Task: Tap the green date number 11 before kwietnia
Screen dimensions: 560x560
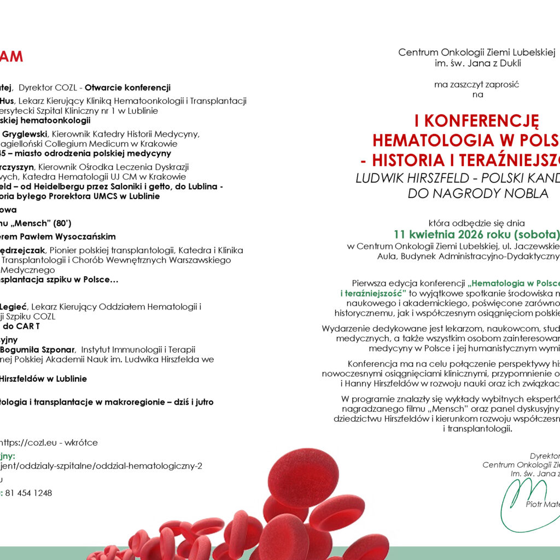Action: coord(400,235)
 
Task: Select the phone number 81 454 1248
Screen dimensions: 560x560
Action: coord(29,493)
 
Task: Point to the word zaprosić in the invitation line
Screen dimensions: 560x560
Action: coord(500,84)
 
